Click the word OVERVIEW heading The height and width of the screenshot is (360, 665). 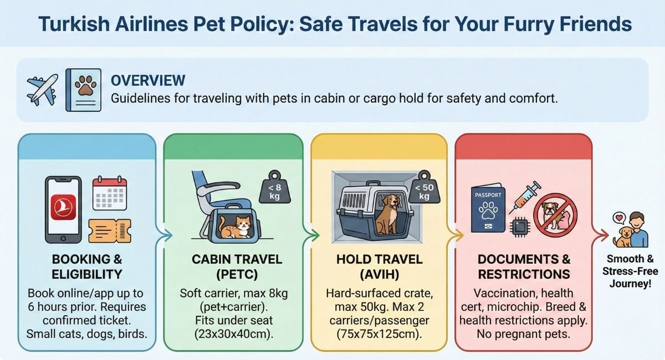coord(148,80)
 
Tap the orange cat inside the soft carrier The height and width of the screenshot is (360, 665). coord(236,227)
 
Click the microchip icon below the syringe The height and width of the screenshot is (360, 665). coord(519,228)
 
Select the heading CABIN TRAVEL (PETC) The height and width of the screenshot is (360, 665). coord(237,266)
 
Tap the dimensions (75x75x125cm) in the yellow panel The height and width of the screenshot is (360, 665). coord(380,334)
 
